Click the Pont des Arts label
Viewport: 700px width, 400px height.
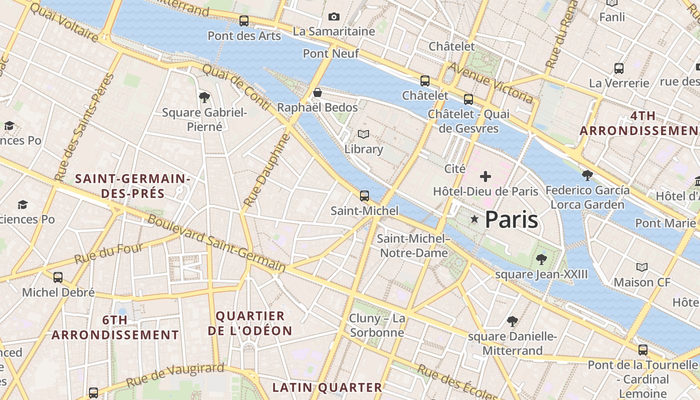click(244, 36)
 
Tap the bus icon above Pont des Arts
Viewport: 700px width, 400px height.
click(244, 21)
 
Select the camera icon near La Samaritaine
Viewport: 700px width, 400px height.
click(334, 17)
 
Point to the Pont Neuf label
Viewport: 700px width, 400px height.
click(331, 53)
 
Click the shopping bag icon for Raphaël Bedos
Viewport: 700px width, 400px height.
click(317, 92)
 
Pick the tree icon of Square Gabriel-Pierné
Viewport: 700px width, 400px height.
click(204, 97)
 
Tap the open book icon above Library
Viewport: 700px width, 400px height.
click(363, 134)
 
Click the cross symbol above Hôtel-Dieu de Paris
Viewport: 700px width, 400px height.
click(485, 176)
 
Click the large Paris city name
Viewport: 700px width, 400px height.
click(511, 219)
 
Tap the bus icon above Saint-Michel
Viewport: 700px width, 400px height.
click(364, 195)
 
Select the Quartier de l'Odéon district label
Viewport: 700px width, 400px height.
click(250, 323)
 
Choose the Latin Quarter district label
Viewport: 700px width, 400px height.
click(327, 387)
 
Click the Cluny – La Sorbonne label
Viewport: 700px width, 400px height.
click(377, 325)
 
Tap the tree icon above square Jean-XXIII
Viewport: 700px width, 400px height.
click(541, 259)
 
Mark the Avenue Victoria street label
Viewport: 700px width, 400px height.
click(491, 82)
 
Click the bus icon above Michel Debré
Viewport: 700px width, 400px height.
click(58, 277)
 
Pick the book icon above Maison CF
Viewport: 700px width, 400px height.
click(642, 267)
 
